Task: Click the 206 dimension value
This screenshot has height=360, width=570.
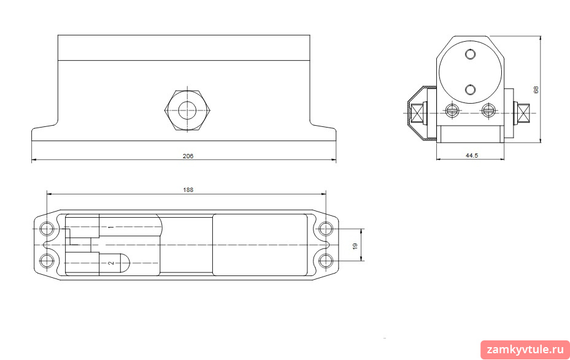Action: [x=188, y=156]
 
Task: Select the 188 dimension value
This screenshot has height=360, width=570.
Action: [x=188, y=190]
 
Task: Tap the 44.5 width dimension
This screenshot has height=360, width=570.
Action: [x=472, y=156]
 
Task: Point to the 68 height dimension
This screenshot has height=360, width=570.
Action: [x=536, y=90]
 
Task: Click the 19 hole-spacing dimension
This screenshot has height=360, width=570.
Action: [x=355, y=245]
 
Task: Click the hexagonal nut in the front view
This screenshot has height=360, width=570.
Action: [x=187, y=109]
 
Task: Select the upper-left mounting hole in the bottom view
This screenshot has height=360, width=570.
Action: [x=47, y=229]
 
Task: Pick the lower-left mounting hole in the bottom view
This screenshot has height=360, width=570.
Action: [x=47, y=261]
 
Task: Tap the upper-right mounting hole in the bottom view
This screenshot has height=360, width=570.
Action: [x=326, y=229]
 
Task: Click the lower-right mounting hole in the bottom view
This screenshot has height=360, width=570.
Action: [x=326, y=261]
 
